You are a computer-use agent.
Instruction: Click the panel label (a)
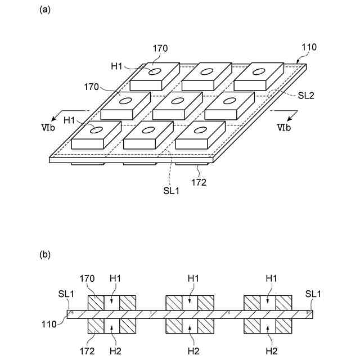click(44, 10)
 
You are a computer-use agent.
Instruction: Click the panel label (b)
click(44, 255)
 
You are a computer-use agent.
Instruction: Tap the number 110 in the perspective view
click(309, 48)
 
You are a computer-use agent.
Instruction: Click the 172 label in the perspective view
click(199, 182)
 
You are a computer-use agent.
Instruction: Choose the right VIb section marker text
click(284, 128)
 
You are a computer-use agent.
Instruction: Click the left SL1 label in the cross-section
click(66, 294)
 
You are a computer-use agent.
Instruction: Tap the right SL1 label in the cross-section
click(313, 294)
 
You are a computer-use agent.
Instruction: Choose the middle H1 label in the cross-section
click(193, 278)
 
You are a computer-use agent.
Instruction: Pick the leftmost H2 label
click(115, 350)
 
